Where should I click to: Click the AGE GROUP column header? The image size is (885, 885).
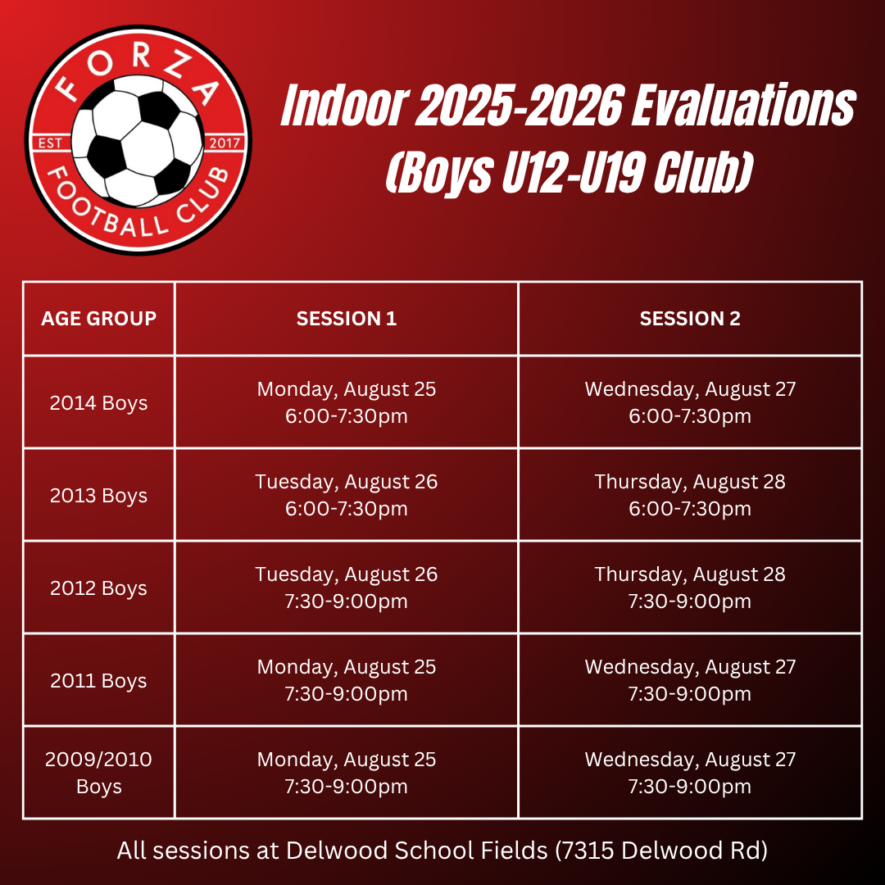coord(99,318)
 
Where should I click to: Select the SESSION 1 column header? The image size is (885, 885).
coord(347,318)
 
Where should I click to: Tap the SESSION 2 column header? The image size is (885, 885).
coord(690,318)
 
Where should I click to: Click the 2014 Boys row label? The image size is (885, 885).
coord(99,403)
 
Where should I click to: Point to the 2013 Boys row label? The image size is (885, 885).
coord(99,496)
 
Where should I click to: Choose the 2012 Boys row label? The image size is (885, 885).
coord(99,588)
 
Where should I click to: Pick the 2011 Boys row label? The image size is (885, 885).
coord(99,681)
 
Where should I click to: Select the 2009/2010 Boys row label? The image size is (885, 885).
coord(99,773)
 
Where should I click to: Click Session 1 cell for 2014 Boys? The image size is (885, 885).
coord(347,402)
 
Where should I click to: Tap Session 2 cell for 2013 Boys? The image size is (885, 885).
coord(690,495)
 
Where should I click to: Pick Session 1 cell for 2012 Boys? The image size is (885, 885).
coord(347,588)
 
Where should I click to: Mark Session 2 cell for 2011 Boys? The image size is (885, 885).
coord(690,680)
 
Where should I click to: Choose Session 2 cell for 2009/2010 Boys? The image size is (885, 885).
coord(690,773)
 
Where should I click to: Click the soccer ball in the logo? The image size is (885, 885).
coord(137,141)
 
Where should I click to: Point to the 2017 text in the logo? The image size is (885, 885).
coord(225,143)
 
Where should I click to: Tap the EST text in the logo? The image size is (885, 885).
coord(50,143)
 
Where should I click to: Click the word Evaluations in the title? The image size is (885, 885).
coord(743,105)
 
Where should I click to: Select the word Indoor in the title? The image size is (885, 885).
coord(345,105)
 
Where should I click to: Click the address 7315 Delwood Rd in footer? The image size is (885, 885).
coord(661,851)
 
